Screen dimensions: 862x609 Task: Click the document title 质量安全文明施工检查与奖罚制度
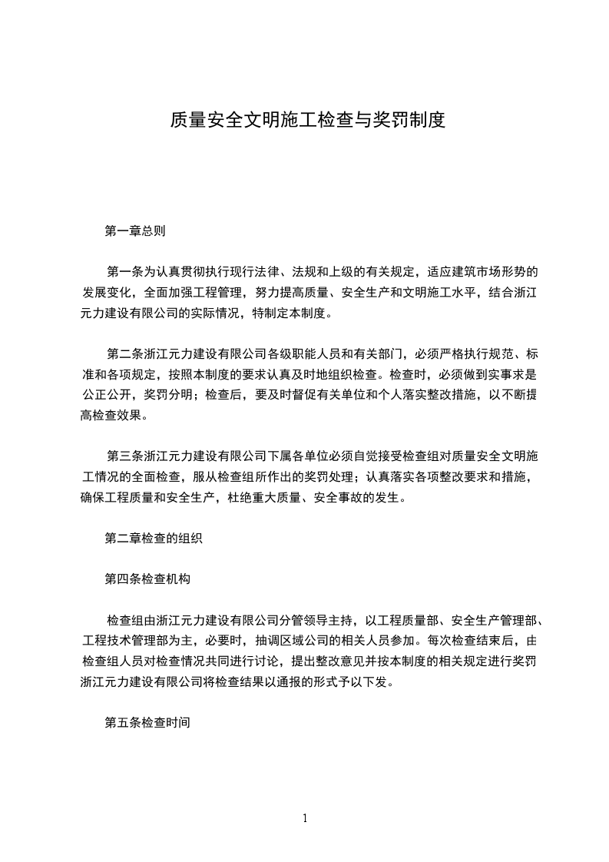(x=307, y=121)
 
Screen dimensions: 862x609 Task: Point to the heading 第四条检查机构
(x=147, y=579)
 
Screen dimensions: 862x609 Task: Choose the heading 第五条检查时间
(x=147, y=723)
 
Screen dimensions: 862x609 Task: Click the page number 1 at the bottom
(x=305, y=818)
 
